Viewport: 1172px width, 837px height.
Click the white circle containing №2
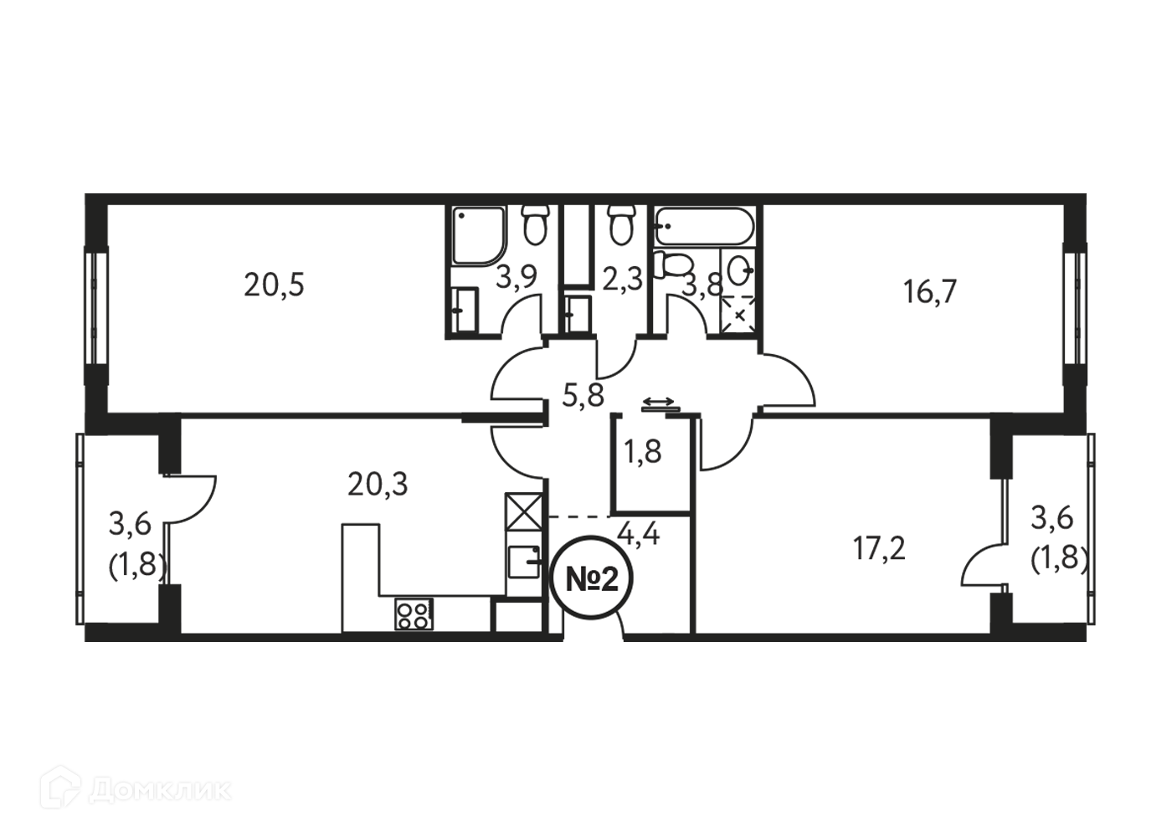(x=591, y=578)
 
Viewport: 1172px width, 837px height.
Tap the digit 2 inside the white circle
(x=609, y=578)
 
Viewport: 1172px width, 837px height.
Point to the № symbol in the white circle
(x=581, y=578)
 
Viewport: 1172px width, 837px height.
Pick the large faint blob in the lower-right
(x=862, y=537)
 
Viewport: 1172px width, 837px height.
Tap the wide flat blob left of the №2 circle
(x=373, y=483)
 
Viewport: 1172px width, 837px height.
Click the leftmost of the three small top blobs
(x=517, y=277)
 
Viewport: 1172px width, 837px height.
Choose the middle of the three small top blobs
(x=621, y=282)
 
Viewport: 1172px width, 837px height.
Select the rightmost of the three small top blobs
(x=703, y=284)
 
